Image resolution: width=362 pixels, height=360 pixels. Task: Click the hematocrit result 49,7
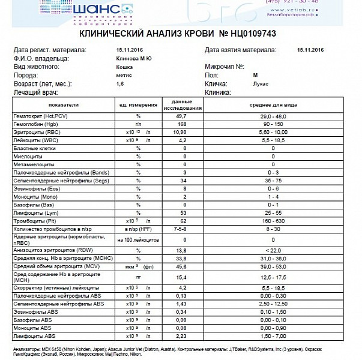click(181, 115)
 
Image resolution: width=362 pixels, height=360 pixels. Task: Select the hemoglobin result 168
click(181, 123)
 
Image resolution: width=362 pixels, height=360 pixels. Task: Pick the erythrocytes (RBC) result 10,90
click(181, 131)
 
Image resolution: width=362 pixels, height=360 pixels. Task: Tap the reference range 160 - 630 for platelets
click(273, 221)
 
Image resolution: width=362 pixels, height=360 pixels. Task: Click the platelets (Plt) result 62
click(181, 221)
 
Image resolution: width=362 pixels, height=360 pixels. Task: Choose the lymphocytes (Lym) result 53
click(181, 212)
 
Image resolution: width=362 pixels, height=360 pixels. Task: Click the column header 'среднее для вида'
click(273, 104)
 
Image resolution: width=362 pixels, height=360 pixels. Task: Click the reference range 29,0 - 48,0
click(273, 115)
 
